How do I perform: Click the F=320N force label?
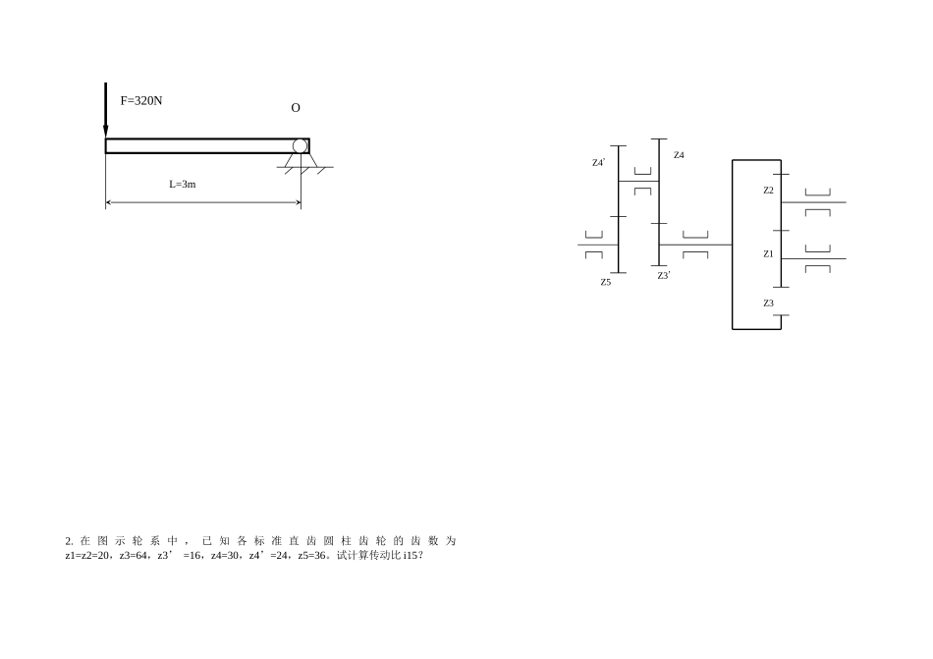click(141, 100)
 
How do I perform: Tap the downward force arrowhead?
click(106, 132)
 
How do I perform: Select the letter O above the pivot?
click(296, 108)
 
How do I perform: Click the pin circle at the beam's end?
click(300, 146)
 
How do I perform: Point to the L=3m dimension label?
click(182, 185)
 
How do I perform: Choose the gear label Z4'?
click(599, 162)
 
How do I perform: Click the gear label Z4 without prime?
click(679, 155)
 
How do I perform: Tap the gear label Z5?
click(606, 282)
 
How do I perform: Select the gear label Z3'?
click(664, 275)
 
